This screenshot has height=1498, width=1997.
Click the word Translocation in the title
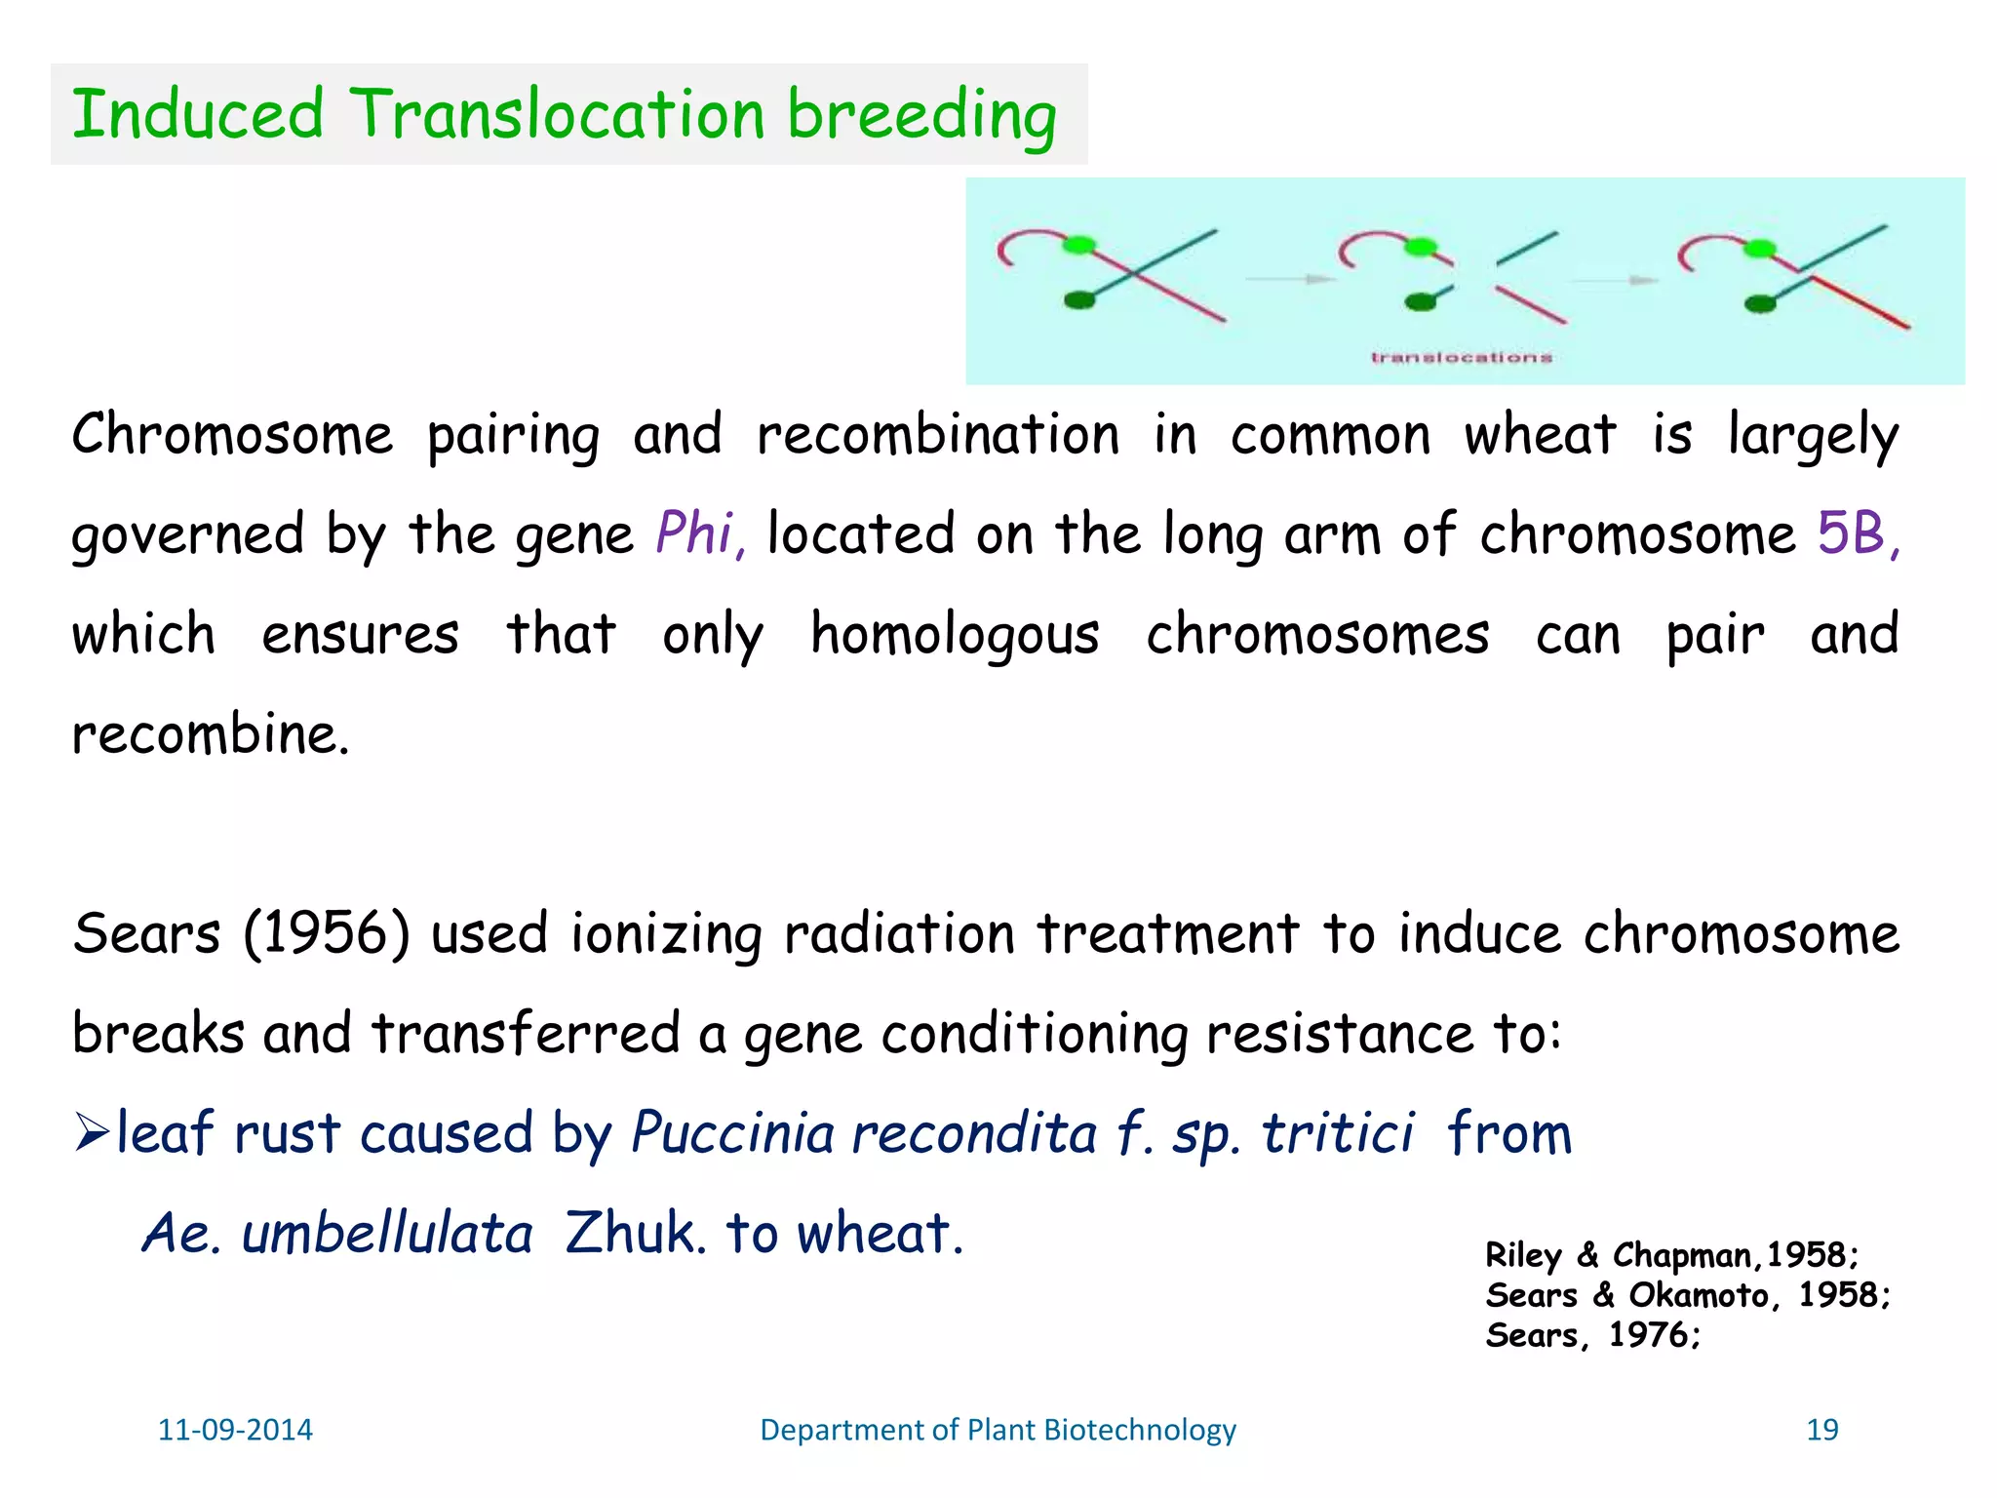point(557,115)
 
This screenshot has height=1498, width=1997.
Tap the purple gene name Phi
point(694,533)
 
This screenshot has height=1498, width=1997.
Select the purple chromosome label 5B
point(1851,533)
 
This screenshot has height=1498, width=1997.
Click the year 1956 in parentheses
point(326,933)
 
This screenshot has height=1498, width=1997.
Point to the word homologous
point(955,636)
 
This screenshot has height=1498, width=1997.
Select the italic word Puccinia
point(732,1133)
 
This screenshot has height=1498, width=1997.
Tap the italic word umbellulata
point(387,1234)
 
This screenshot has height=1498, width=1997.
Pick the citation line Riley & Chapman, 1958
point(1671,1255)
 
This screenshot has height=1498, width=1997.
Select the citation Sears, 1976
point(1592,1335)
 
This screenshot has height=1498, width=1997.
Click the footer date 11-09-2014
point(235,1430)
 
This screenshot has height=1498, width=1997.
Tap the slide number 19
point(1821,1430)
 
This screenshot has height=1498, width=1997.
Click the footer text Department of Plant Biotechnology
point(998,1430)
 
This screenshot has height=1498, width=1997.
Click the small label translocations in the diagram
point(1461,358)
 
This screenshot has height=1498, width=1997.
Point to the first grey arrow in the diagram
point(1290,280)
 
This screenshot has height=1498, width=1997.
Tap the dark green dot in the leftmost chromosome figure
point(1079,300)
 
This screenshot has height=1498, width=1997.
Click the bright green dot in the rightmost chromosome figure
point(1759,249)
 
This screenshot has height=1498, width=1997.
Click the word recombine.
point(209,735)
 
